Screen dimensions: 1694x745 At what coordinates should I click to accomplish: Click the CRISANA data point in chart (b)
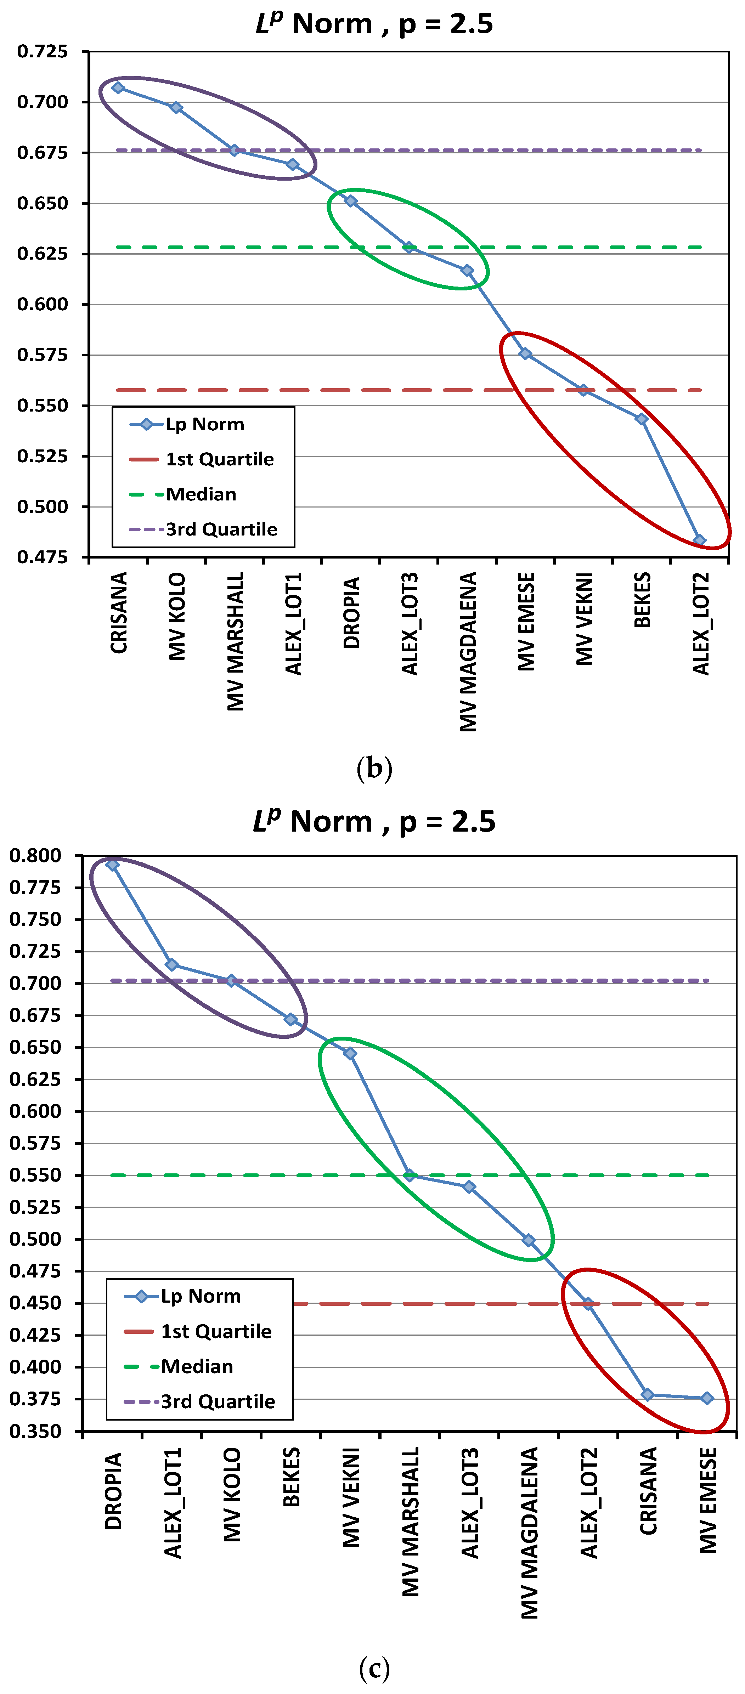[118, 87]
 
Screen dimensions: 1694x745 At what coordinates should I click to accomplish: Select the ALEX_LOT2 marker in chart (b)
[700, 540]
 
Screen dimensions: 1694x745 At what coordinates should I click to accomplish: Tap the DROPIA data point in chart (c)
[112, 865]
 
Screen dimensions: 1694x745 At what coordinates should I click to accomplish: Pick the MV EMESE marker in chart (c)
[707, 1398]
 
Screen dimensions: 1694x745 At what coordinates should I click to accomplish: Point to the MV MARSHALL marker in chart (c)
[409, 1175]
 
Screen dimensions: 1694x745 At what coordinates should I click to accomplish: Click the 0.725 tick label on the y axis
[42, 51]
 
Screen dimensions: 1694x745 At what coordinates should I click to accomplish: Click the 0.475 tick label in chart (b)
[42, 557]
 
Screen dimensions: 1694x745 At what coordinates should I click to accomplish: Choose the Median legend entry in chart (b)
[201, 494]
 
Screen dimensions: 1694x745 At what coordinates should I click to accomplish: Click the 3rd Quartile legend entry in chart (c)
[218, 1401]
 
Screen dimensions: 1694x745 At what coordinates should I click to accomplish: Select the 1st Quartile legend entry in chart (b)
[219, 459]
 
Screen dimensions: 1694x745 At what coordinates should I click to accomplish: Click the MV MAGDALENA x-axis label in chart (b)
[468, 651]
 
